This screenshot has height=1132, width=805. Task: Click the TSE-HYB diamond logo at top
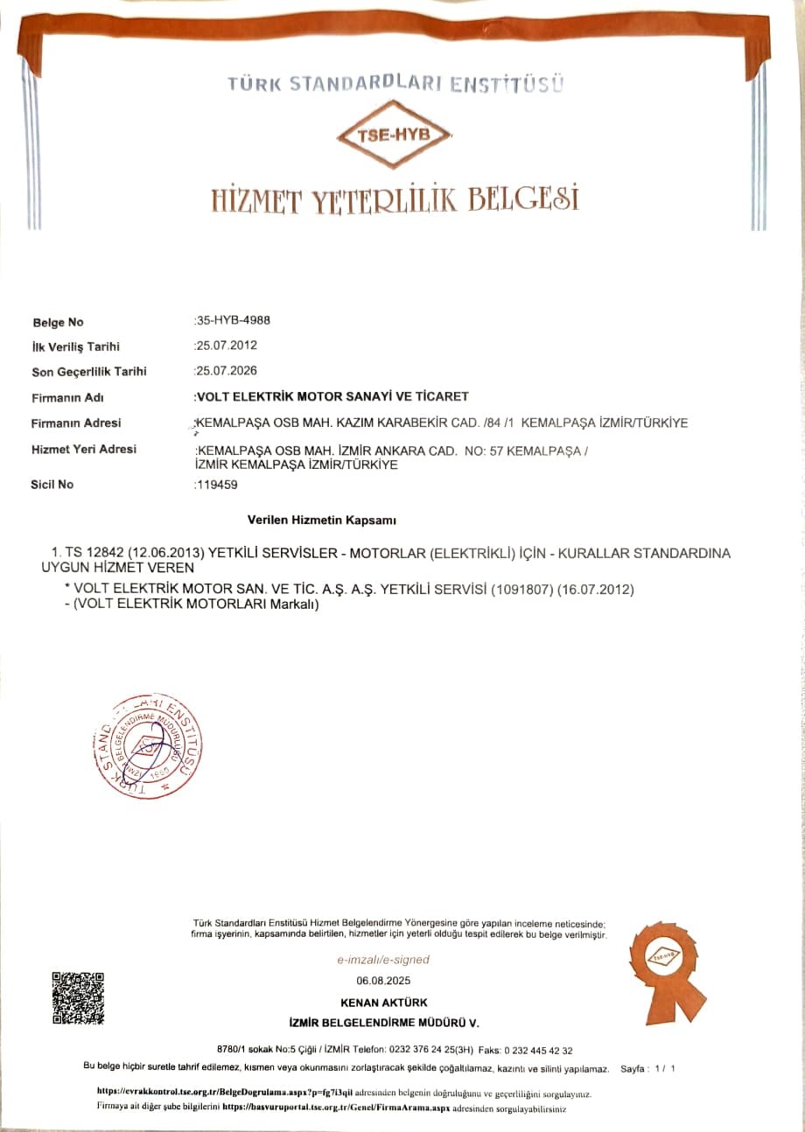point(395,134)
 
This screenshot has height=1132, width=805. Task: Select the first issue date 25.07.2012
point(226,346)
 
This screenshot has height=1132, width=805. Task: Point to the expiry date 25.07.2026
point(226,370)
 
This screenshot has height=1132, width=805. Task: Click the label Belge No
point(58,322)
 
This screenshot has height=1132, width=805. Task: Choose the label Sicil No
point(52,484)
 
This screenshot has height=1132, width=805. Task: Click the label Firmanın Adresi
point(76,423)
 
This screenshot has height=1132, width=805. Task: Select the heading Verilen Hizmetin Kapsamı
point(322,521)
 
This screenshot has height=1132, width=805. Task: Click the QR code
point(78,997)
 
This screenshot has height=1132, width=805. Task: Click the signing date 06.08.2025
point(383,981)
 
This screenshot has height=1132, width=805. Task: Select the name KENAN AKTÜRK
point(383,1003)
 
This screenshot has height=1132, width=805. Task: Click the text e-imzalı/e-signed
point(383,960)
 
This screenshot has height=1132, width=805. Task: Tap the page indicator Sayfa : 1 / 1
point(647,1069)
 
